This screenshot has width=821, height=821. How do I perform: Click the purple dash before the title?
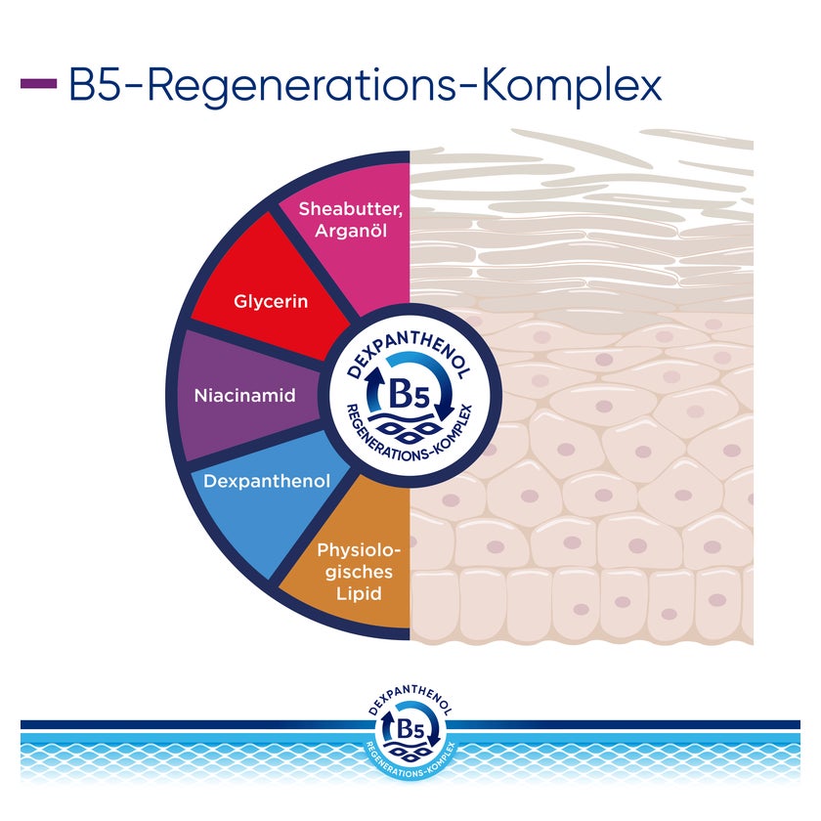(39, 84)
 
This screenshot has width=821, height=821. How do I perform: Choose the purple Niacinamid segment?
(246, 395)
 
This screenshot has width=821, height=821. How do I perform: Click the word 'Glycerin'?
(271, 302)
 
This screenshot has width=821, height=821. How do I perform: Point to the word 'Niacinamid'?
(245, 395)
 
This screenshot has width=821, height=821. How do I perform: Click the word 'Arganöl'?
(351, 231)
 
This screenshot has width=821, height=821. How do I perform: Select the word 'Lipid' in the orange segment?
(359, 594)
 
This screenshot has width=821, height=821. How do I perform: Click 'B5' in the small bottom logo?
(410, 730)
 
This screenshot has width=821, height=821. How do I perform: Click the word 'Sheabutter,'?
(351, 209)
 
